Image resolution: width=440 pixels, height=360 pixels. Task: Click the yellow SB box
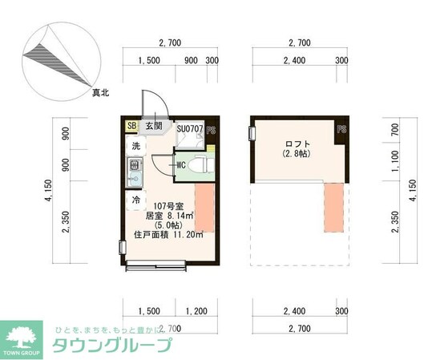pos(131,125)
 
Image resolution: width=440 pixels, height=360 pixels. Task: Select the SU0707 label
pos(189,127)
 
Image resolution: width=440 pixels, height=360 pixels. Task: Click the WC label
pos(180,165)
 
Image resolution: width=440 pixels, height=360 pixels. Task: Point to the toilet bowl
pos(201,165)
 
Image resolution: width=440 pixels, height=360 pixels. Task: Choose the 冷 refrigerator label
pos(135,199)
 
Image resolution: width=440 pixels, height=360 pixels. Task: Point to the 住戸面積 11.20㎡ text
pos(168,235)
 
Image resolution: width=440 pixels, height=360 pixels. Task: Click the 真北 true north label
pos(100,94)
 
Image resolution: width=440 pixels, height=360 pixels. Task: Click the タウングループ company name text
pos(112,346)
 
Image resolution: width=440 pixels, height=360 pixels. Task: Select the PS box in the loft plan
pos(341,129)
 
